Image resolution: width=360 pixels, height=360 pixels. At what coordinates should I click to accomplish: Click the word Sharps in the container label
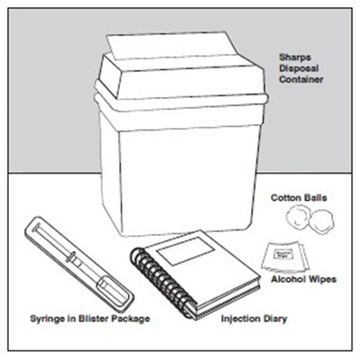pyautogui.click(x=291, y=58)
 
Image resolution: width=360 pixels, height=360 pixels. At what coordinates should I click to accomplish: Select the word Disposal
pyautogui.click(x=299, y=68)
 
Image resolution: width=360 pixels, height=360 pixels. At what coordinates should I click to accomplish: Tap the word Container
pyautogui.click(x=301, y=79)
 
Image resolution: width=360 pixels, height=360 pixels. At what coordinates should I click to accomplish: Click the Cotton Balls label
pyautogui.click(x=299, y=198)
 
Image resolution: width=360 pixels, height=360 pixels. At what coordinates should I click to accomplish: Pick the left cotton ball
pyautogui.click(x=297, y=217)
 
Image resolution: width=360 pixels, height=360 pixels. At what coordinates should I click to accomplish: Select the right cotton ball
pyautogui.click(x=322, y=221)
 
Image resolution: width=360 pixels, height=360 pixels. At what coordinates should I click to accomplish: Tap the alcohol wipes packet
pyautogui.click(x=284, y=256)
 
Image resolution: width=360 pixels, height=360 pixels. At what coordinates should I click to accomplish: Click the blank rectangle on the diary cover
pyautogui.click(x=186, y=250)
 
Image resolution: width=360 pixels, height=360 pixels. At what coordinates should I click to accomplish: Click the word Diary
pyautogui.click(x=274, y=319)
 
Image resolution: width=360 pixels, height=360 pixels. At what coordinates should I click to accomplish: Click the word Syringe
pyautogui.click(x=48, y=319)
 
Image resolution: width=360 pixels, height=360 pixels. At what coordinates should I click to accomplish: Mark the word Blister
pyautogui.click(x=93, y=318)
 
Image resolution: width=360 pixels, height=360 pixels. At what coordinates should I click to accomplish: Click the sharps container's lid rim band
pyautogui.click(x=181, y=101)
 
